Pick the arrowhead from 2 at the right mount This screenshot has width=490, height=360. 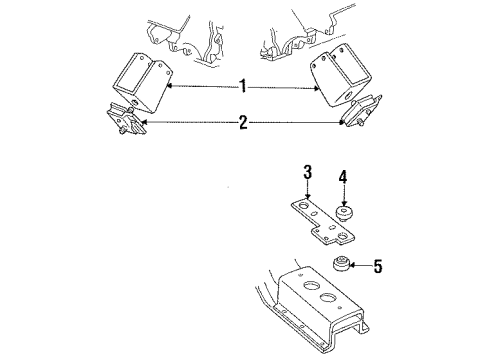(x=346, y=123)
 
